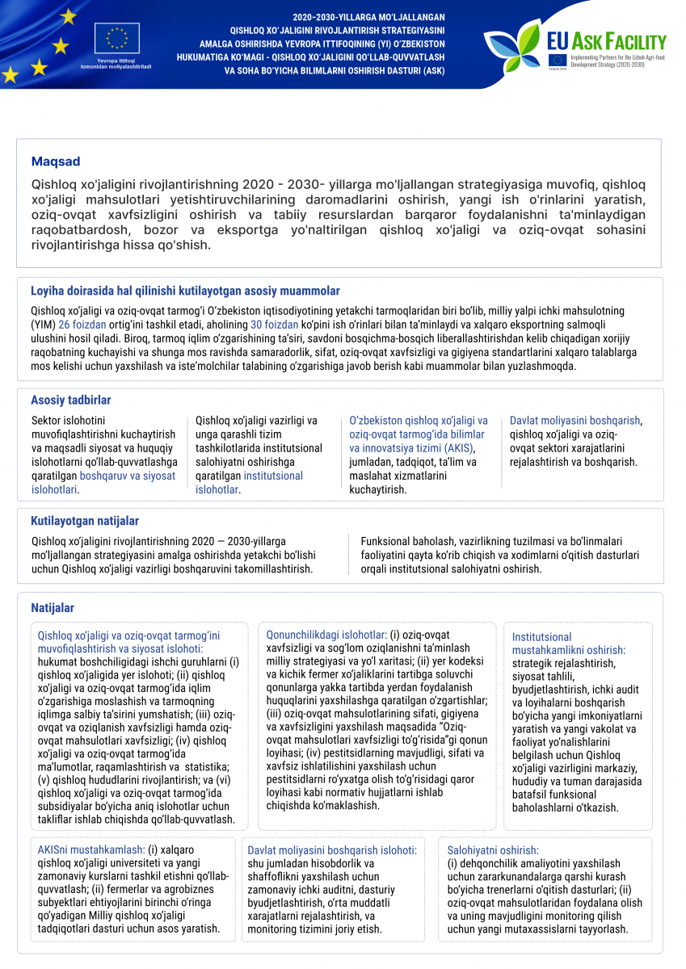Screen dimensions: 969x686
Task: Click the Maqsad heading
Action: point(56,162)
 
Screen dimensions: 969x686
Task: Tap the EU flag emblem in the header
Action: point(117,39)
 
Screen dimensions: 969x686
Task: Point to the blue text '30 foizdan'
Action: point(276,324)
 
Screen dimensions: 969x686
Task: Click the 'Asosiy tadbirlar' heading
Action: point(71,401)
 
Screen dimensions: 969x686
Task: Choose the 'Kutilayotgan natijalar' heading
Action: point(85,521)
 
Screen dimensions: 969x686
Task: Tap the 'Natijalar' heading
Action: point(53,607)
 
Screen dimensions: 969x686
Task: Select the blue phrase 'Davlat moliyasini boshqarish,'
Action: point(575,421)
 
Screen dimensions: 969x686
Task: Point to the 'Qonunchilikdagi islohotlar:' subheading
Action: point(326,635)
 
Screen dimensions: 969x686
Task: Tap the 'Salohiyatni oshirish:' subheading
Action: point(493,850)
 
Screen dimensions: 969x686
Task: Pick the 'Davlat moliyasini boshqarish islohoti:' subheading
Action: point(332,850)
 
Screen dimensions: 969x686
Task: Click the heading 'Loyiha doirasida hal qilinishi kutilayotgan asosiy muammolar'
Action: point(185,291)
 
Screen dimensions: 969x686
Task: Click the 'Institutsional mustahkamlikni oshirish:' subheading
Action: point(568,644)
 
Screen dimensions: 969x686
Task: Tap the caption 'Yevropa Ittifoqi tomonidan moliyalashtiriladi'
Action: point(117,63)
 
